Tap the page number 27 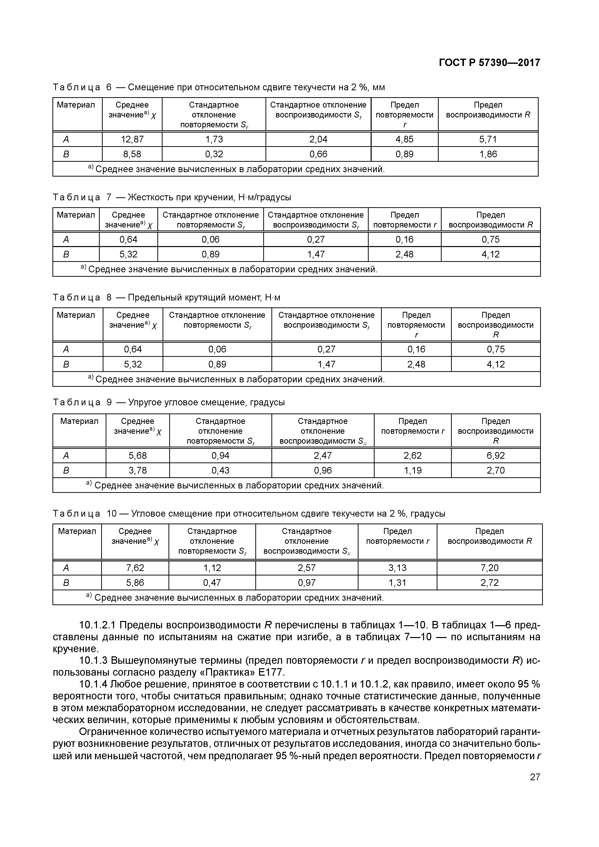tap(535, 777)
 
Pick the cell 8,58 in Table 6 tap(132, 154)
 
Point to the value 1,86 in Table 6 tap(488, 154)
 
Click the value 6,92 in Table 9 tap(495, 456)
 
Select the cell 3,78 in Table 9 tap(137, 470)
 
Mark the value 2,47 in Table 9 tap(323, 456)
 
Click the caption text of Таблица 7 tap(172, 197)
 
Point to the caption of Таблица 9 tap(169, 402)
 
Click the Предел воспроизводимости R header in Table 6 tap(488, 110)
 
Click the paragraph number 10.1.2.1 tap(97, 625)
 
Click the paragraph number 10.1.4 tap(93, 684)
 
